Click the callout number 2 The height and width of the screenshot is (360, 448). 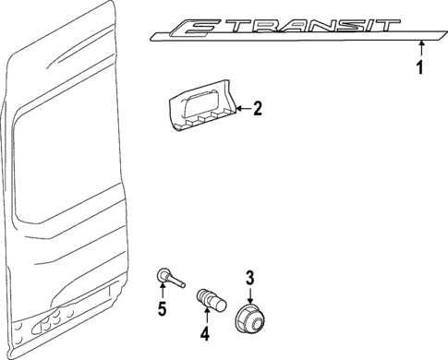tap(258, 110)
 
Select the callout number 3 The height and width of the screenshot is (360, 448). tap(248, 276)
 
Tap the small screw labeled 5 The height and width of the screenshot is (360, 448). tap(165, 275)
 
